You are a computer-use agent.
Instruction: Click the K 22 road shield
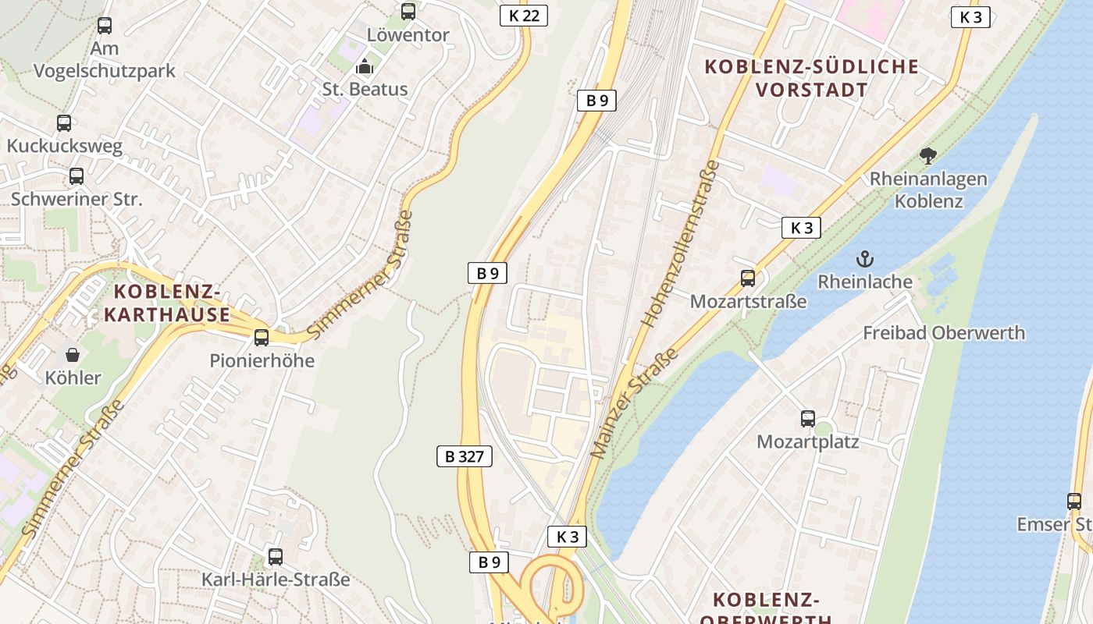523,16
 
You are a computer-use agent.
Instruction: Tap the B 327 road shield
464,456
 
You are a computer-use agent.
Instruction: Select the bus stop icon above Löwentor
408,12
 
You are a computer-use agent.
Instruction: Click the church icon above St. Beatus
365,67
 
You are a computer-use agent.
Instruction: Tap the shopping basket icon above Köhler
73,356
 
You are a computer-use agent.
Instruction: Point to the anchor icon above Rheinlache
865,259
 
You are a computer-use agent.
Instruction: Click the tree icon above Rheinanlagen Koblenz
927,156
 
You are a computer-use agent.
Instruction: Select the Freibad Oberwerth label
943,333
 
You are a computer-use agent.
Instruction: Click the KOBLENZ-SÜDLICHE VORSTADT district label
812,78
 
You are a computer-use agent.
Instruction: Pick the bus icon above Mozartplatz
808,419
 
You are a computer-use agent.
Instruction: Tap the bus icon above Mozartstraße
748,278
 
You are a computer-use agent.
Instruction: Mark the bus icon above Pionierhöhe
262,338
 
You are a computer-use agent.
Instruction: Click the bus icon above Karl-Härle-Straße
275,557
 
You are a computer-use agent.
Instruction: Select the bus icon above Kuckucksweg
64,123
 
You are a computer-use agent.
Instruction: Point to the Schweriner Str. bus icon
77,176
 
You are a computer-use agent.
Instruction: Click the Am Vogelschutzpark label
105,59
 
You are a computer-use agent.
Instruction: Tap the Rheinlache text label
865,282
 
